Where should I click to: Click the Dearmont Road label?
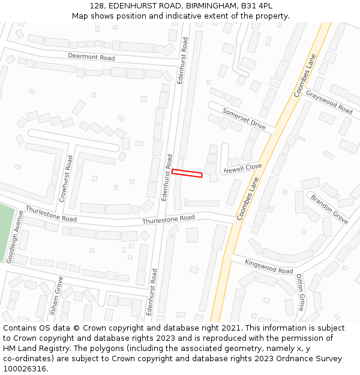pyautogui.click(x=91, y=58)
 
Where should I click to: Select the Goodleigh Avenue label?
pyautogui.click(x=14, y=236)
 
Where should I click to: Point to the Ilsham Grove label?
pyautogui.click(x=57, y=295)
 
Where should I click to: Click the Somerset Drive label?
pyautogui.click(x=244, y=119)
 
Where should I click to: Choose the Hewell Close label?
pyautogui.click(x=242, y=169)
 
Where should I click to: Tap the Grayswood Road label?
pyautogui.click(x=329, y=102)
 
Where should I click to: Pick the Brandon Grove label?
pyautogui.click(x=329, y=209)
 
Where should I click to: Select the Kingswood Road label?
pyautogui.click(x=269, y=266)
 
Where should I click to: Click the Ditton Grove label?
pyautogui.click(x=300, y=293)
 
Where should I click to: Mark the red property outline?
pyautogui.click(x=187, y=173)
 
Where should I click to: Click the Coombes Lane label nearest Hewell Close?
pyautogui.click(x=248, y=199)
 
